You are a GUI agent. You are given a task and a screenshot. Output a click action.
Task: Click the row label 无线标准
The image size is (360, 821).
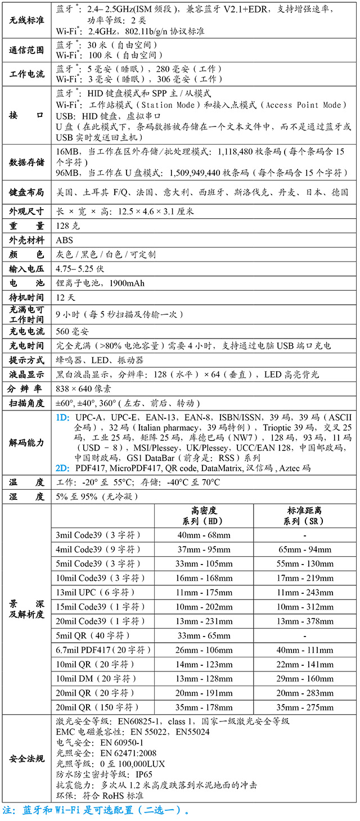coord(27,20)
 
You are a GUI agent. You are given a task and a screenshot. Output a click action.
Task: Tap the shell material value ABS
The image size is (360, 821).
coord(65,240)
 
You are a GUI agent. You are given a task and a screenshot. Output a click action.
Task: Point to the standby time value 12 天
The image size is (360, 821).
coord(65,297)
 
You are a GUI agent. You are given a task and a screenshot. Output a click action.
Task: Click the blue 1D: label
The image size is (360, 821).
coord(63,417)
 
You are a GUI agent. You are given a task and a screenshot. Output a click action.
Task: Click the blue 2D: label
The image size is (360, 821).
coord(63,468)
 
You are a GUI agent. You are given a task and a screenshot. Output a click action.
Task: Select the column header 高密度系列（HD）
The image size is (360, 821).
coord(204,516)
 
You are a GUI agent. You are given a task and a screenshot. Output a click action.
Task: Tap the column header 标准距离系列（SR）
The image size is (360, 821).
coord(305,516)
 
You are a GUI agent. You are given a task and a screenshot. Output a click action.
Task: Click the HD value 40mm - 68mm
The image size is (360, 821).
coord(204,535)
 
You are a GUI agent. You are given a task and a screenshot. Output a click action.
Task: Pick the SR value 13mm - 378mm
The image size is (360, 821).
coord(305,621)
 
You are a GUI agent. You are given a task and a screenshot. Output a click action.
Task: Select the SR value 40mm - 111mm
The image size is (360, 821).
coord(305,650)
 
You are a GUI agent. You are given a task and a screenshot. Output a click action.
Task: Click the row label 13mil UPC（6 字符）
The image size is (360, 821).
coord(97,592)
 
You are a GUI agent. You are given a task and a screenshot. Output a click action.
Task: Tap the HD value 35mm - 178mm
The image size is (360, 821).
coord(204,707)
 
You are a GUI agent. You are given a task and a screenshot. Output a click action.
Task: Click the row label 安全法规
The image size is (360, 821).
coord(27,759)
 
